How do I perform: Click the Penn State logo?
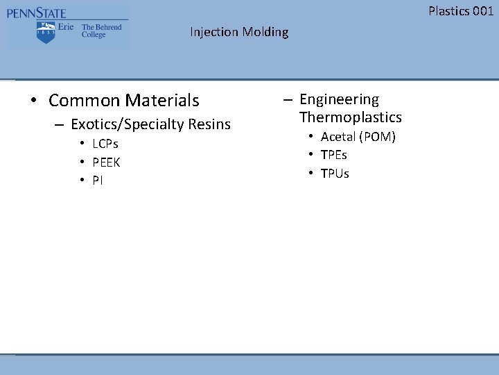(x=67, y=26)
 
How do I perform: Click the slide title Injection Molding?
(x=239, y=32)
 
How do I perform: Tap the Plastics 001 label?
(x=461, y=10)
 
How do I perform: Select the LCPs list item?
(x=105, y=144)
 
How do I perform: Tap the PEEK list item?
(x=106, y=162)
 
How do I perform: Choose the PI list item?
(x=98, y=181)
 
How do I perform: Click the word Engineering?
(x=339, y=100)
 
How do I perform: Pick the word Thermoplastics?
(x=350, y=117)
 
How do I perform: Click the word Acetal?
(x=338, y=137)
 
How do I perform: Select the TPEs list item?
(x=334, y=155)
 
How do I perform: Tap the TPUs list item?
(x=335, y=173)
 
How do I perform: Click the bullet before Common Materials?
(x=33, y=101)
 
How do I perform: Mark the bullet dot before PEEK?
(x=82, y=162)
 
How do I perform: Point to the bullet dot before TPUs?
(x=311, y=173)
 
